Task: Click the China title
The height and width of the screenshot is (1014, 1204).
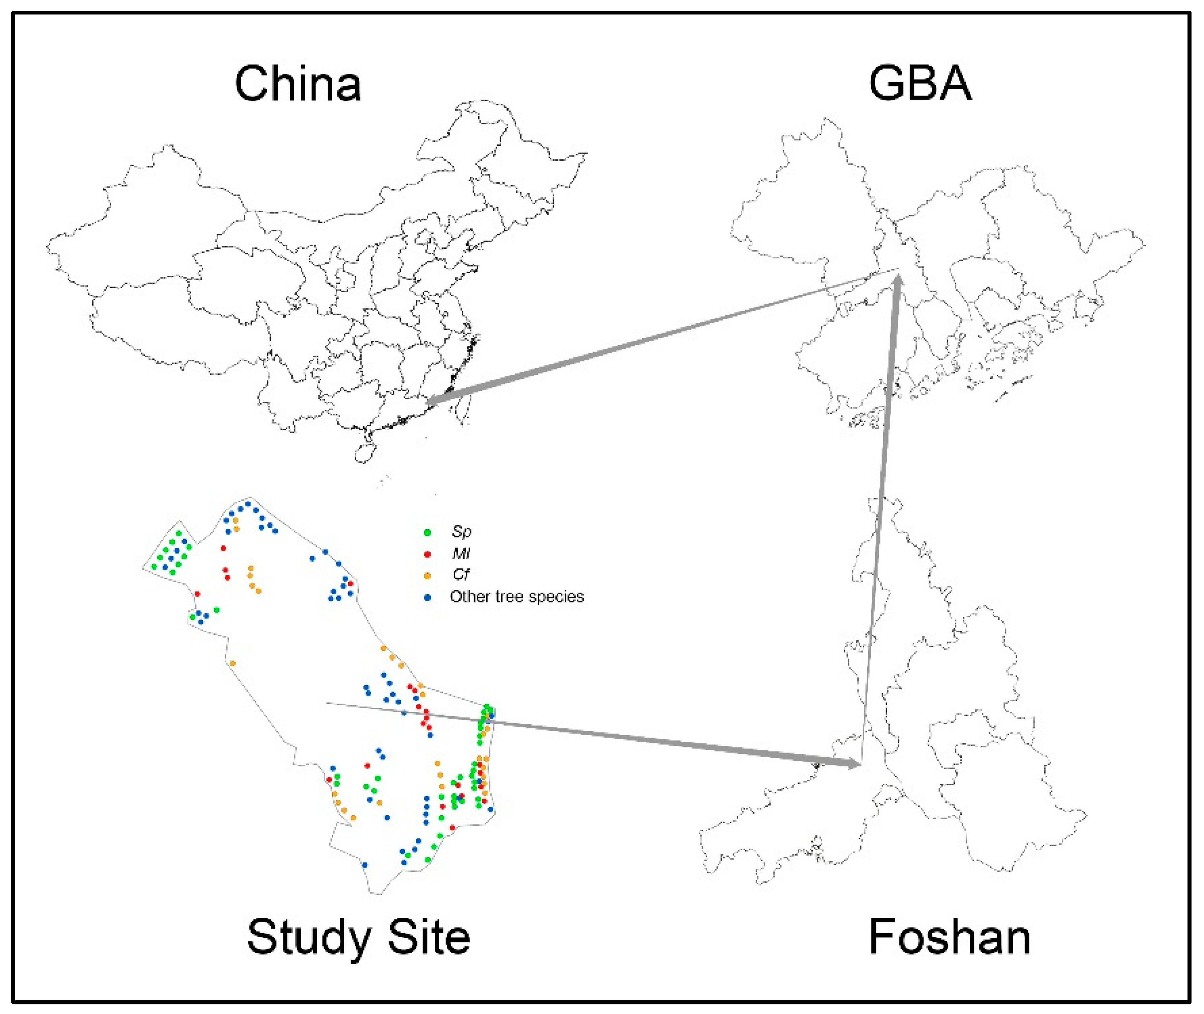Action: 298,84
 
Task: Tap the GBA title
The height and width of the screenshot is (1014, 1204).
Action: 919,84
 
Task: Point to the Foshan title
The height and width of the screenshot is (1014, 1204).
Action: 950,937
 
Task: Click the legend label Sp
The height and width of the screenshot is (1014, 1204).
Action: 461,532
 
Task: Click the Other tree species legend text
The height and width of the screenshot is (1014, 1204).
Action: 516,597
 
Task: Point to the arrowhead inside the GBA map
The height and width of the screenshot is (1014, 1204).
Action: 898,283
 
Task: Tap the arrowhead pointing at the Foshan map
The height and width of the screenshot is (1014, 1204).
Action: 855,763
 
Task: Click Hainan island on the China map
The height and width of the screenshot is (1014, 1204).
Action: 364,453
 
